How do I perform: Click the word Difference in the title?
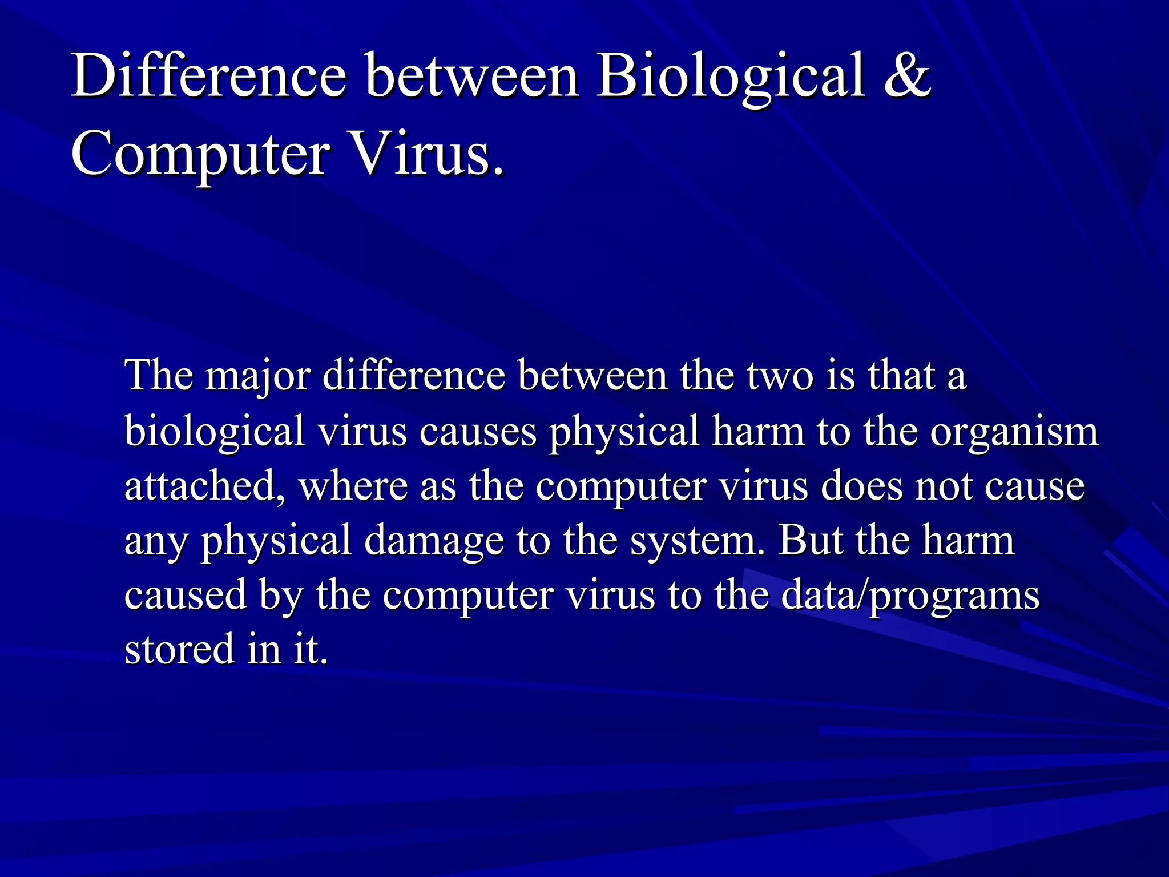pos(209,76)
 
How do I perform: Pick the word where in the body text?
pos(353,486)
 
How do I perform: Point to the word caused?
pos(186,595)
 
